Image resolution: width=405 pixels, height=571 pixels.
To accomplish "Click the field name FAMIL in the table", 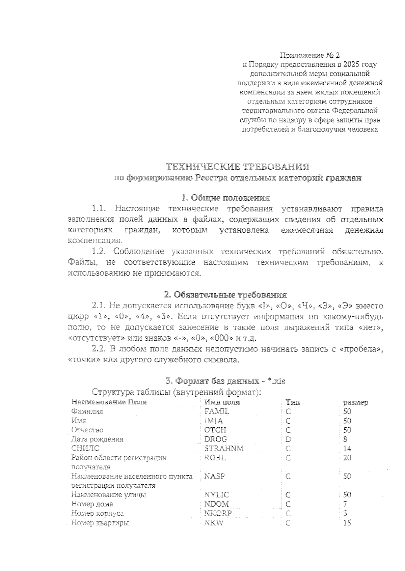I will click(217, 411).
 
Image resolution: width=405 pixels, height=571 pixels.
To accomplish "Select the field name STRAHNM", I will click(224, 449).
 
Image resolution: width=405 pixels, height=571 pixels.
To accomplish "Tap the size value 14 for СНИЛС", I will click(347, 449).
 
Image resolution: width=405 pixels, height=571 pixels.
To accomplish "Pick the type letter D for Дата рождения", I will click(288, 439).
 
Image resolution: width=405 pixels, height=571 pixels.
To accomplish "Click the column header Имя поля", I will click(222, 402).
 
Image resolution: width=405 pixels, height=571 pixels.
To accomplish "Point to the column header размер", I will click(355, 402).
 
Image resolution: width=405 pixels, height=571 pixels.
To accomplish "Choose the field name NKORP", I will click(218, 513).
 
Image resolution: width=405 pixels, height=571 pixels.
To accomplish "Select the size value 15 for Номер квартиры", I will click(347, 523).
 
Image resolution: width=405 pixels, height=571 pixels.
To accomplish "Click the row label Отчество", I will click(87, 430).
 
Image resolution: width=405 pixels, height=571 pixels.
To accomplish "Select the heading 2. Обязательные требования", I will click(225, 295).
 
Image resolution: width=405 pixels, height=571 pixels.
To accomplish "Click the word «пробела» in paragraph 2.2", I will click(361, 349).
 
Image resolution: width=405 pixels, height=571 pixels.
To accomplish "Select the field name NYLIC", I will click(216, 495).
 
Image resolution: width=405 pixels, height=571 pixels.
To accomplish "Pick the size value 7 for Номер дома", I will click(345, 504).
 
